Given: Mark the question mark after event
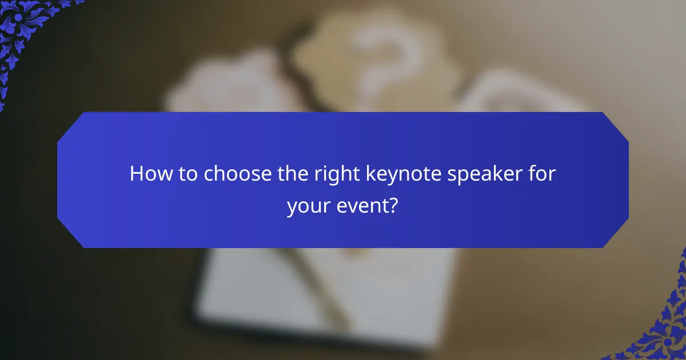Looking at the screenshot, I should tap(394, 205).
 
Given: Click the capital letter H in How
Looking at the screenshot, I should tap(137, 174).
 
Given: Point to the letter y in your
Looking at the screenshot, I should tap(292, 207).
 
